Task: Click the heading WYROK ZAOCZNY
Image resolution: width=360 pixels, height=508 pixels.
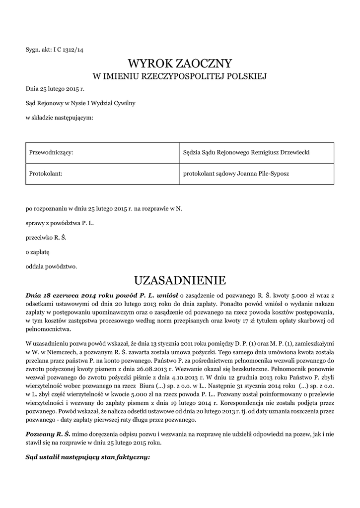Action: (180, 63)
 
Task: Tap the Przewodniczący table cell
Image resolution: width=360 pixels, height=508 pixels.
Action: (52, 153)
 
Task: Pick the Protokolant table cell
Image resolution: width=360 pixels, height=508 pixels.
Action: (46, 174)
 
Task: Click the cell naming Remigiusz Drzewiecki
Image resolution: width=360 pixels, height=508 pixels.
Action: (246, 153)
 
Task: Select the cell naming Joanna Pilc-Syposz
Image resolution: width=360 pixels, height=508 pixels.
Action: (236, 174)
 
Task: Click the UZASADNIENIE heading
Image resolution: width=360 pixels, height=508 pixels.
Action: (180, 281)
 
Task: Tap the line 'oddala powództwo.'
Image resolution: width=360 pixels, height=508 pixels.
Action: (51, 266)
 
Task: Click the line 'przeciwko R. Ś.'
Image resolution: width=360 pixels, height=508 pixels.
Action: (46, 238)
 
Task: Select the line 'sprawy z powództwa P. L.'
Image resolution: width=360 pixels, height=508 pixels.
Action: (60, 223)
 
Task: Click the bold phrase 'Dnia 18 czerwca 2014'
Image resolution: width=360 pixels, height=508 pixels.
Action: (62, 295)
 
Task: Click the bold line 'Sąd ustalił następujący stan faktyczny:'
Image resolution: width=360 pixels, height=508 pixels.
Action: (87, 457)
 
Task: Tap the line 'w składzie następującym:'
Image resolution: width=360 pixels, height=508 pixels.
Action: (59, 118)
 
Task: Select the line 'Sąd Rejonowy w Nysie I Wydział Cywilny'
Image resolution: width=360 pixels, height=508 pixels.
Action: (80, 103)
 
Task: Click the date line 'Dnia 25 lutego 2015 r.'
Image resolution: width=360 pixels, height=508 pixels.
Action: (55, 89)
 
